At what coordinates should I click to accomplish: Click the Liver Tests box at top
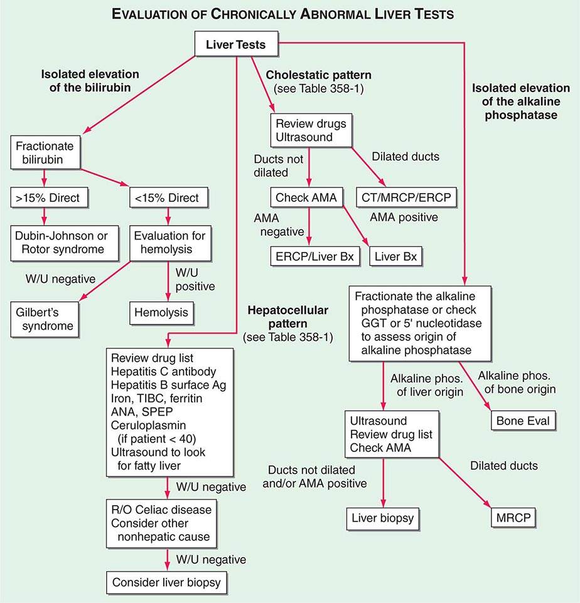pos(236,45)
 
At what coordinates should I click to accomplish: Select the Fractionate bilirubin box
pos(45,153)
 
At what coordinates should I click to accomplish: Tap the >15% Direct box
pos(45,198)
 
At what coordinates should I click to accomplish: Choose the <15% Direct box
pos(166,198)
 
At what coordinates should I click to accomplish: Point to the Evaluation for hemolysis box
pos(170,243)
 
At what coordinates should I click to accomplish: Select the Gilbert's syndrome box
pos(45,318)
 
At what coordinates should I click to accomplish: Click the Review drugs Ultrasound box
pos(309,130)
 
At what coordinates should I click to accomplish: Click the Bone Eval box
pos(522,420)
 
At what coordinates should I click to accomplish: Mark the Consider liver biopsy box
pos(166,582)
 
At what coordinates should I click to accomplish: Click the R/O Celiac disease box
pos(166,523)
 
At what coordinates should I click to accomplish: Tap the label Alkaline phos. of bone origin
pos(516,382)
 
